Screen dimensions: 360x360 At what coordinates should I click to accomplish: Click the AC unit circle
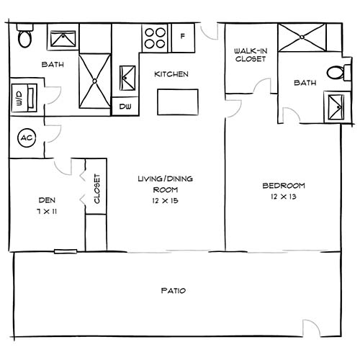click(x=26, y=137)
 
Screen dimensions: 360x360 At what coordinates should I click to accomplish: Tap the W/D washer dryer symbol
click(x=20, y=99)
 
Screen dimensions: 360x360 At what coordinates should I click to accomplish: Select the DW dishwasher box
click(x=125, y=107)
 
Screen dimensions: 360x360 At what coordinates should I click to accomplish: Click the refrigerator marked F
click(x=182, y=36)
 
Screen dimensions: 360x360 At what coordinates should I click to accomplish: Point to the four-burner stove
click(x=155, y=37)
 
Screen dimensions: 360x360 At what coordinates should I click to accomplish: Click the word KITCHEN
click(x=171, y=74)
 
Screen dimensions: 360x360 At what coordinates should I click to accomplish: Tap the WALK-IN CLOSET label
click(x=250, y=55)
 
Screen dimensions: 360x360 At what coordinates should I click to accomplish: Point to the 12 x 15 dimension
click(x=165, y=200)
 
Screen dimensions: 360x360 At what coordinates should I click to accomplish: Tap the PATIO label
click(x=173, y=291)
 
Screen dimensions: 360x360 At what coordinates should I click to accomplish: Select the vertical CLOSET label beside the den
click(x=96, y=189)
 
